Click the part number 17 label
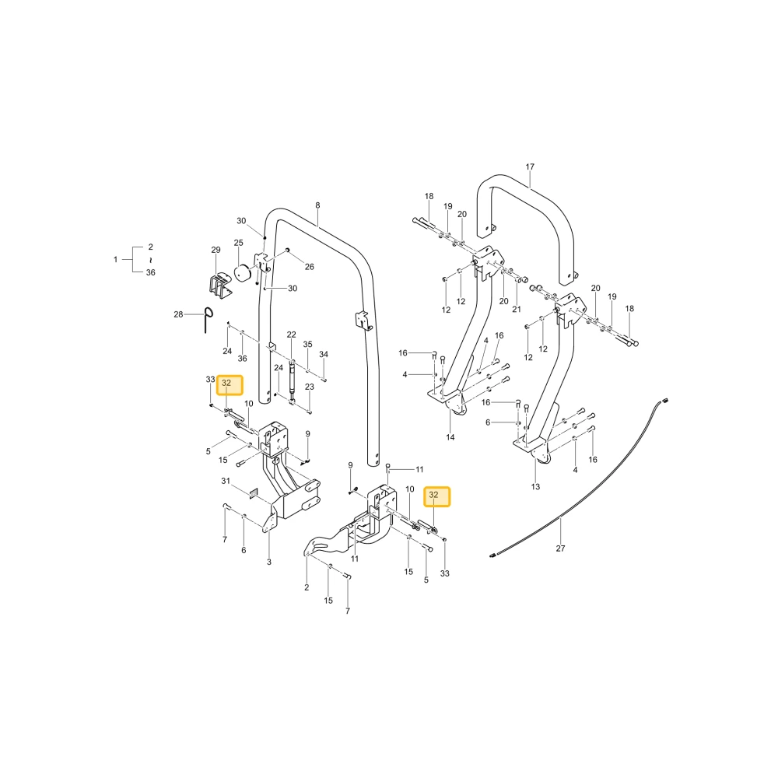pos(530,166)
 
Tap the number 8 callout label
pos(317,205)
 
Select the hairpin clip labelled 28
pos(209,320)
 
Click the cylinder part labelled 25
pos(243,272)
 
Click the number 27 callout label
pos(560,548)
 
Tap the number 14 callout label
pos(450,437)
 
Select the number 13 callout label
pos(535,487)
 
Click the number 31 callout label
pos(226,481)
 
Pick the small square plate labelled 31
pos(253,492)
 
